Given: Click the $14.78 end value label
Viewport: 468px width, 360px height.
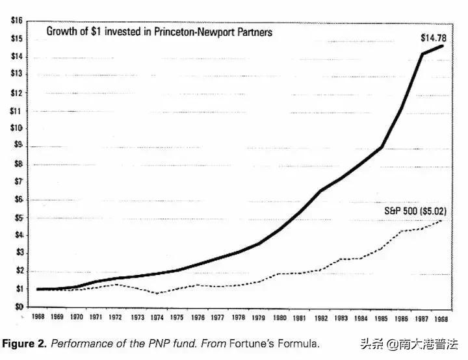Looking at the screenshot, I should (433, 38).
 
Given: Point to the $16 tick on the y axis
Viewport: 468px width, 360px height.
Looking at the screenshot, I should (17, 21).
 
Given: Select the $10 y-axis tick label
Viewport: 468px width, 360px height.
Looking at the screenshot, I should (17, 128).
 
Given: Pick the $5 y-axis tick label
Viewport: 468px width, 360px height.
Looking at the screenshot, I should (17, 217).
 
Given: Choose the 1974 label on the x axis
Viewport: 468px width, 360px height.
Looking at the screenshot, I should (155, 318).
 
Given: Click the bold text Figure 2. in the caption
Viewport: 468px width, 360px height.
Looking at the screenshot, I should (24, 343).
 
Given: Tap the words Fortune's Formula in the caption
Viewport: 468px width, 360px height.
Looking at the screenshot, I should (281, 343).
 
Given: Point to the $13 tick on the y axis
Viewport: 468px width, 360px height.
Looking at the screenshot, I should (17, 75).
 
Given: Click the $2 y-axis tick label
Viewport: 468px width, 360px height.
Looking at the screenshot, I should (17, 270).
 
